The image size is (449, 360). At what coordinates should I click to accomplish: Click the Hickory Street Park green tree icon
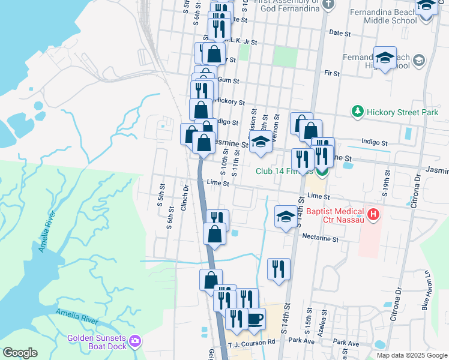358,112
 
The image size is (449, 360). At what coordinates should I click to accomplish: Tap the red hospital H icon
374,214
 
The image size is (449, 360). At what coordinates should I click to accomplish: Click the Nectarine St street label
321,239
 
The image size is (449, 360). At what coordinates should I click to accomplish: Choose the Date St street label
340,34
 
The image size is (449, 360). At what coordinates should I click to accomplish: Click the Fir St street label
332,73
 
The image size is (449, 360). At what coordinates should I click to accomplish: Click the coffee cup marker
255,318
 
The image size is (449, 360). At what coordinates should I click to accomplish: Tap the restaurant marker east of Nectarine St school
279,268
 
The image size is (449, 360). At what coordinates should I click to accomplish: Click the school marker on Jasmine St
261,143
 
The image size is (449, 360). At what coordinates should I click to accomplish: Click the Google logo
20,353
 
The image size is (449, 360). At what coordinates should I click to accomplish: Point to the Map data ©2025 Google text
411,355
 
